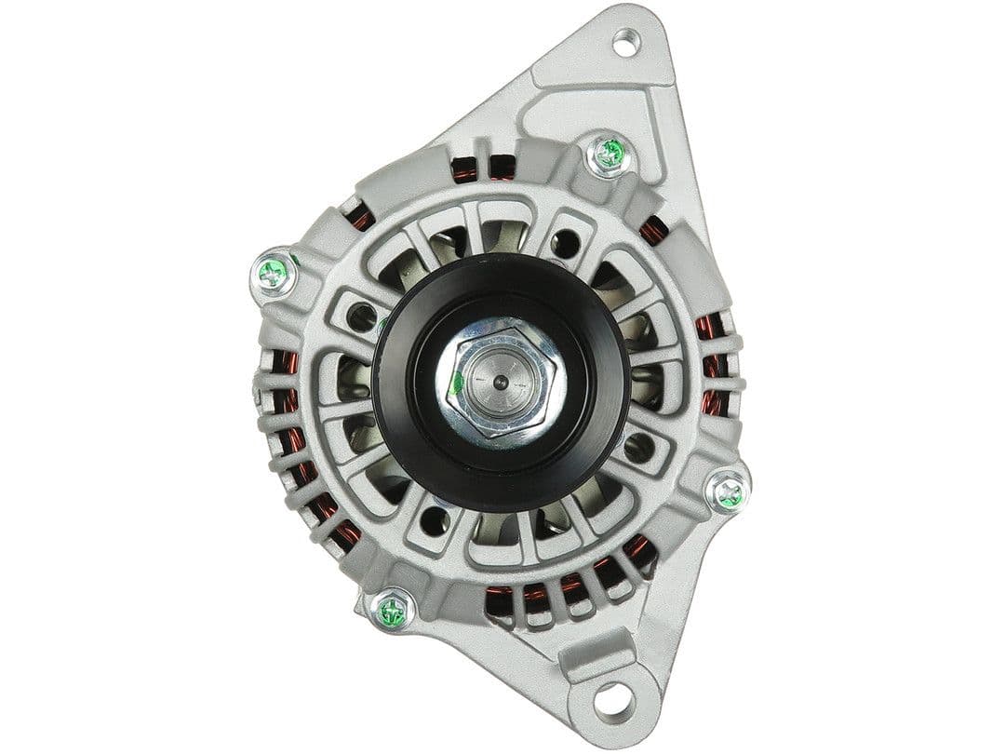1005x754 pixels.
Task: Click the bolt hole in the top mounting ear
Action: click(624, 42)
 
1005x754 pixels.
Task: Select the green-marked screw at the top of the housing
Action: click(610, 154)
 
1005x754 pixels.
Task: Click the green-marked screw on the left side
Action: click(274, 274)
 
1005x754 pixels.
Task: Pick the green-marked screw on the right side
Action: click(728, 492)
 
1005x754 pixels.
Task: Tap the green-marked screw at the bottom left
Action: click(393, 612)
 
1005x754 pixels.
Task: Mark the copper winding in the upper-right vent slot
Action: click(654, 229)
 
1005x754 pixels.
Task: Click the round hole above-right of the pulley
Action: click(564, 244)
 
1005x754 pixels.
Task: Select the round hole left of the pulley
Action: click(361, 317)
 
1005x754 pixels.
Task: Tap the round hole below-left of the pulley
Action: click(434, 520)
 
